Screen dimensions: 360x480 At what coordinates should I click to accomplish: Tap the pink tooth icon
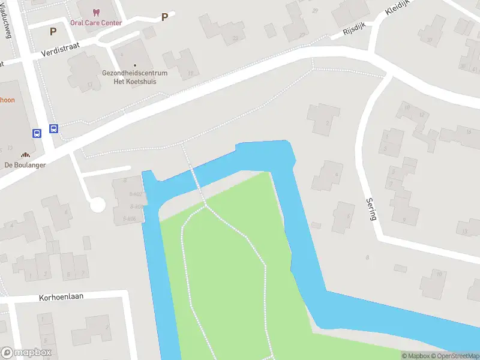tap(96, 12)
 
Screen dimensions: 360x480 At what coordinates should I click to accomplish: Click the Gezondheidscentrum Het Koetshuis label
tap(135, 77)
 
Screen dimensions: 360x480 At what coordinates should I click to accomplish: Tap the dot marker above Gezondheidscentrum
tap(135, 65)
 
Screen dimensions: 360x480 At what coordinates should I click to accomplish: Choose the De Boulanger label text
tap(25, 165)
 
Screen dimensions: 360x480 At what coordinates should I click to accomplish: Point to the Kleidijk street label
tap(398, 7)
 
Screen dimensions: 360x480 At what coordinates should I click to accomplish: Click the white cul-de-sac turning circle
tap(97, 205)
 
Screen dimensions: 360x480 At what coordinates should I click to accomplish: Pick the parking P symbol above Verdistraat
tap(53, 31)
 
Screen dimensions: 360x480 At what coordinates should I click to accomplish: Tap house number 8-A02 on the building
tap(136, 194)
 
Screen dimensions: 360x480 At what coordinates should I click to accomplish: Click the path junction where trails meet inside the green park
tap(205, 206)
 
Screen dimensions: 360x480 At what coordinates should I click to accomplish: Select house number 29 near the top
tap(316, 11)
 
